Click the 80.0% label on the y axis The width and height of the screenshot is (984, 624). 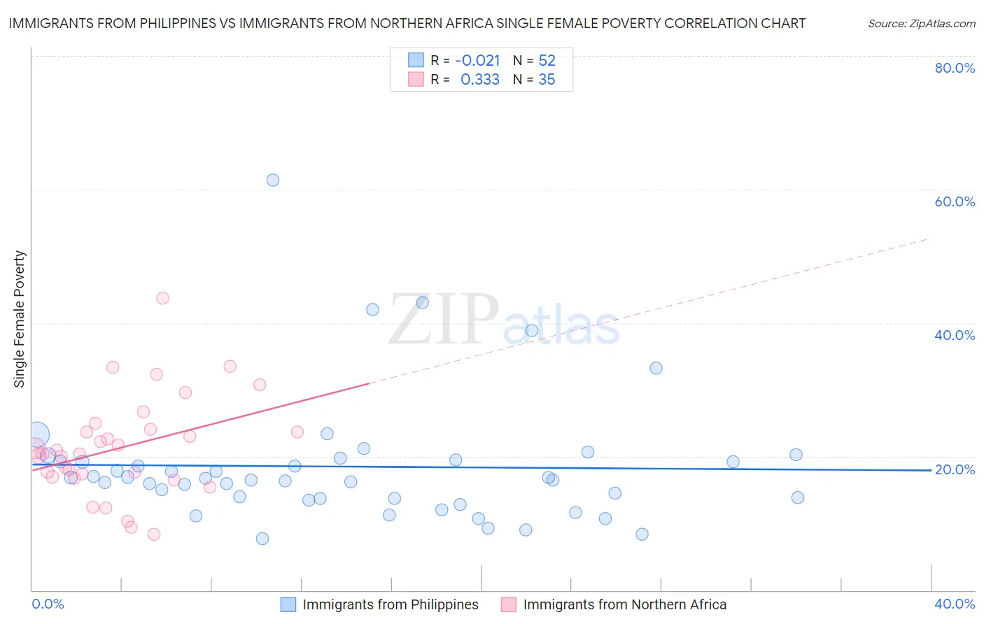click(955, 68)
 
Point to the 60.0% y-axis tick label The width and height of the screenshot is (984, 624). click(955, 201)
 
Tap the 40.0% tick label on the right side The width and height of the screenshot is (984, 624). click(955, 335)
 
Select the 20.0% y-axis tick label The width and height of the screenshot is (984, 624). click(955, 469)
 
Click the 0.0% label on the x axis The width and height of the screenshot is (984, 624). click(48, 604)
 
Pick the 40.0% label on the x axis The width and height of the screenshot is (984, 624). click(955, 604)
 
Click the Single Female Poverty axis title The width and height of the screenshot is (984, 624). click(20, 319)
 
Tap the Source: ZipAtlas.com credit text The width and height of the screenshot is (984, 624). click(921, 24)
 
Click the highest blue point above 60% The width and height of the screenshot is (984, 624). click(273, 180)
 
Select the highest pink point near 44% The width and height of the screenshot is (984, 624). click(162, 298)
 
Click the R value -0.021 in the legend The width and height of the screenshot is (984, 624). click(477, 61)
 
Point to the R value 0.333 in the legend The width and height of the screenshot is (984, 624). click(479, 80)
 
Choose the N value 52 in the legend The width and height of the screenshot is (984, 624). click(547, 61)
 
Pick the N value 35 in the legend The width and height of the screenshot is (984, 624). click(547, 80)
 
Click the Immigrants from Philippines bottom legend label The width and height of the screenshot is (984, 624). click(390, 604)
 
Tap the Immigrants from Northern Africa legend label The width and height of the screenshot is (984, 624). click(624, 604)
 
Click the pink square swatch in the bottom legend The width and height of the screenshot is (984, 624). click(509, 604)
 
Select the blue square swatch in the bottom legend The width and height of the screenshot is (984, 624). click(288, 604)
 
